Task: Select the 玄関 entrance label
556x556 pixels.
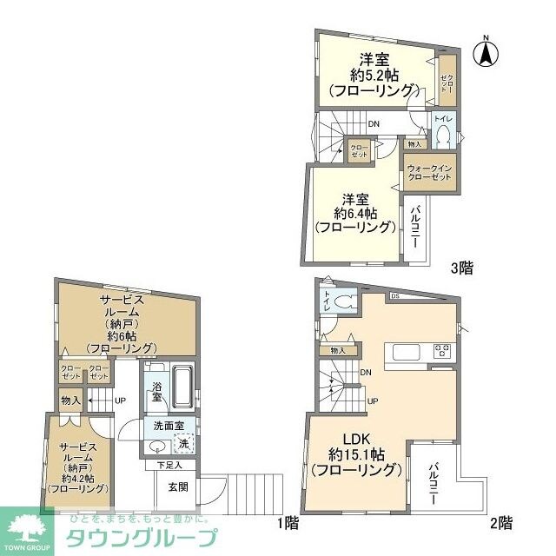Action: click(179, 487)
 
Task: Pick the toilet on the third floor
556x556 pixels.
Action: click(443, 136)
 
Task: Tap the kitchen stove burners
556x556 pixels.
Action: click(442, 352)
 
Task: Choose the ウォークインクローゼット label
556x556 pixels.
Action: click(429, 172)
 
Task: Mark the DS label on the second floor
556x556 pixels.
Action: click(394, 296)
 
